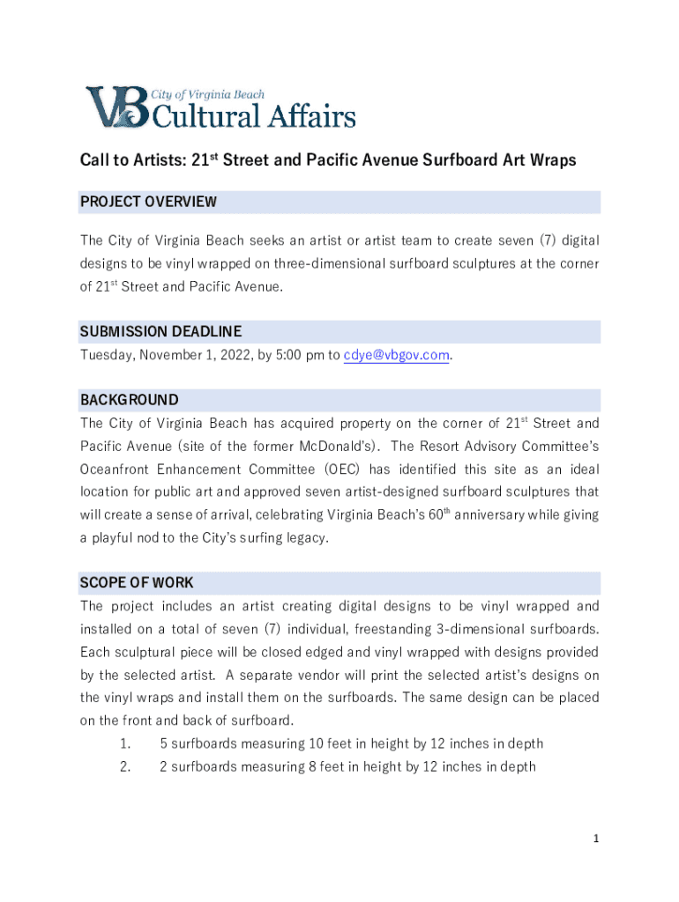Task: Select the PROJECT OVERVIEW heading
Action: point(148,203)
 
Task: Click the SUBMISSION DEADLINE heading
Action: point(160,332)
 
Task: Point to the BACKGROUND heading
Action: point(130,400)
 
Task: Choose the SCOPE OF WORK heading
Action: point(137,583)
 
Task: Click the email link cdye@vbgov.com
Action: point(397,355)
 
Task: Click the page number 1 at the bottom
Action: point(596,839)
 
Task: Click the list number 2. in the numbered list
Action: point(125,766)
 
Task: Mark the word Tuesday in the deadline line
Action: point(105,355)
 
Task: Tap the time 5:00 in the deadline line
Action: point(281,355)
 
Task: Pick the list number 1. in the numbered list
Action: point(125,743)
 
